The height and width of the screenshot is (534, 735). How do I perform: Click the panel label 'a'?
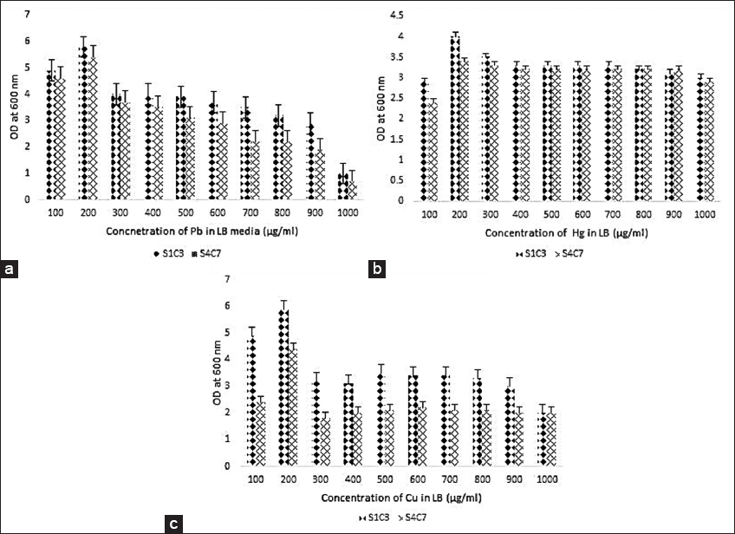click(x=10, y=270)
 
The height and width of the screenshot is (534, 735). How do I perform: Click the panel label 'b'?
click(x=377, y=270)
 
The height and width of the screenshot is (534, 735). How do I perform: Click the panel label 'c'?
click(x=175, y=523)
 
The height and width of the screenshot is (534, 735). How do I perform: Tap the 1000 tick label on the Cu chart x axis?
click(x=547, y=480)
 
